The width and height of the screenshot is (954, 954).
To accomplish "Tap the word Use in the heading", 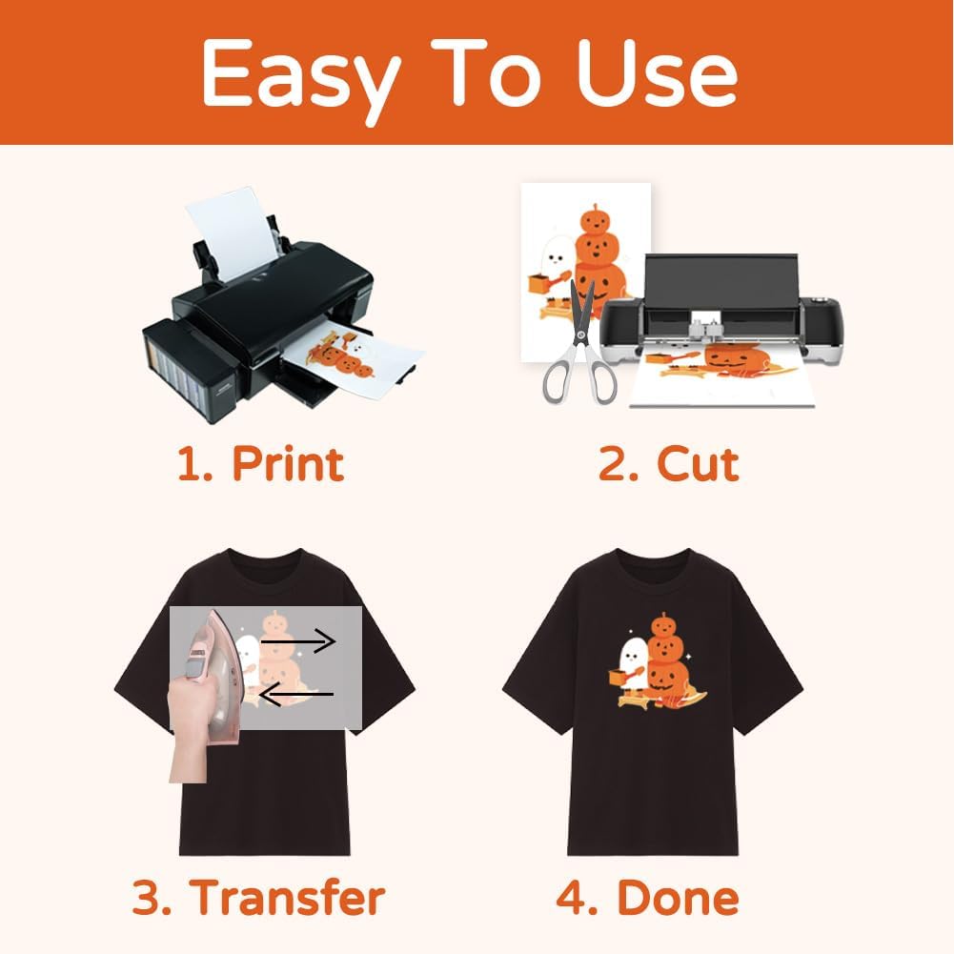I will [x=658, y=74].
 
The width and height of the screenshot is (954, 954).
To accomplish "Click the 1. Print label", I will [x=260, y=463].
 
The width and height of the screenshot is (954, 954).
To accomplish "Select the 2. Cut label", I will [x=668, y=463].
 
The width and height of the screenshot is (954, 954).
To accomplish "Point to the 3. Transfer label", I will [x=258, y=897].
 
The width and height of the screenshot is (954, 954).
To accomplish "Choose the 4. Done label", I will [x=647, y=897].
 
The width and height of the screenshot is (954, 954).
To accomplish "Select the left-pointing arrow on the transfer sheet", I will [x=295, y=695].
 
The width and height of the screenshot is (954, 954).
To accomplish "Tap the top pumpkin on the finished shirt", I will [x=663, y=624].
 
